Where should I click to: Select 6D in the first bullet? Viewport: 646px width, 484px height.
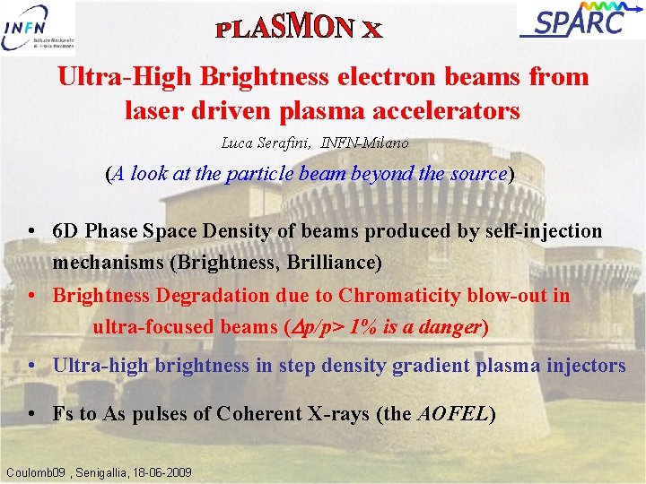[65, 230]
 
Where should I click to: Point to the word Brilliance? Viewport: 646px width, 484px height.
[335, 263]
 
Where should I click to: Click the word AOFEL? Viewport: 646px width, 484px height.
[453, 415]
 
